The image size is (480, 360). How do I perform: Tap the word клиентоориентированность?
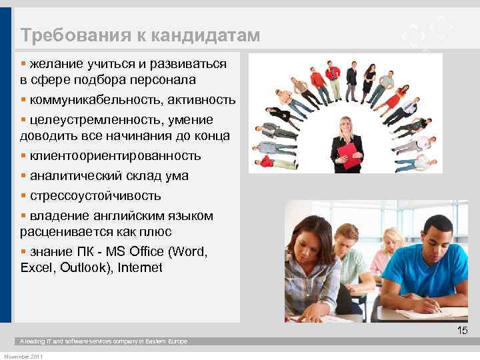[114, 156]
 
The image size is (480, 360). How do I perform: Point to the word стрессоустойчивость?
[95, 196]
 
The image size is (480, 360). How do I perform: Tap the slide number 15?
[462, 331]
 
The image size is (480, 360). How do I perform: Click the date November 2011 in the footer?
[23, 357]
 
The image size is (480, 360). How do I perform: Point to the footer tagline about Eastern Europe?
[103, 341]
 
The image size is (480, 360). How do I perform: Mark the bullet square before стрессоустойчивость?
[23, 196]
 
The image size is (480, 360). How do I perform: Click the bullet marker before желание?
[23, 64]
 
